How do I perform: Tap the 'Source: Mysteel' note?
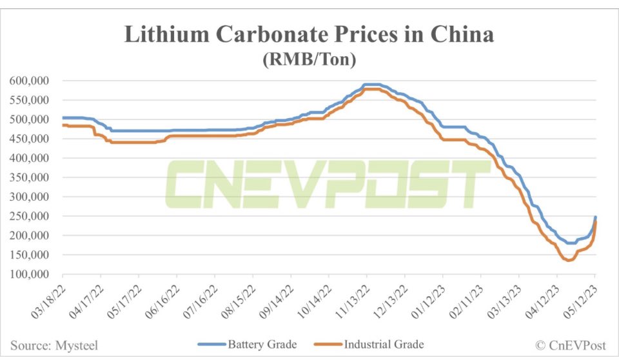(x=55, y=345)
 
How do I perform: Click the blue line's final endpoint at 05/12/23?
(x=595, y=217)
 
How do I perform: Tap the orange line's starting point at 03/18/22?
(x=63, y=125)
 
